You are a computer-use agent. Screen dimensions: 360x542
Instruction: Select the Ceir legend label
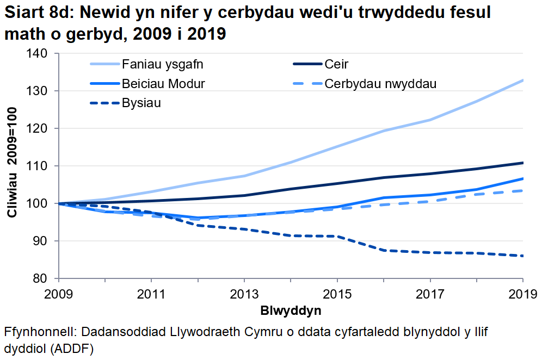336,65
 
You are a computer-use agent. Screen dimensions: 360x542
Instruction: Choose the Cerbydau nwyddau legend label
380,84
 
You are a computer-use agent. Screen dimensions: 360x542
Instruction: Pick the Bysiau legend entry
141,103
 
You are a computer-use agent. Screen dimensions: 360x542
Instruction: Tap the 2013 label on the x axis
244,294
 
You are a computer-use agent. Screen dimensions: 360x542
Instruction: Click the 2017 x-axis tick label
430,294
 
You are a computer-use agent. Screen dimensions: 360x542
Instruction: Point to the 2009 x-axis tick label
59,294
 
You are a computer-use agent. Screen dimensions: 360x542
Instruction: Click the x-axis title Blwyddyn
291,312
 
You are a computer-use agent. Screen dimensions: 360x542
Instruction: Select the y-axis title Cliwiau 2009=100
11,163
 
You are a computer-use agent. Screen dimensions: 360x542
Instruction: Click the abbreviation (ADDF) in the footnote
71,348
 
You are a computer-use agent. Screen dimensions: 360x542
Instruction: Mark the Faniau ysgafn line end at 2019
522,80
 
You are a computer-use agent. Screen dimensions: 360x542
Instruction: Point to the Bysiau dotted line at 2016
384,250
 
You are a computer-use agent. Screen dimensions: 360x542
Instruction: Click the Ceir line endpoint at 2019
522,163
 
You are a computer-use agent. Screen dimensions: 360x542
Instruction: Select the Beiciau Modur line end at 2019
522,178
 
